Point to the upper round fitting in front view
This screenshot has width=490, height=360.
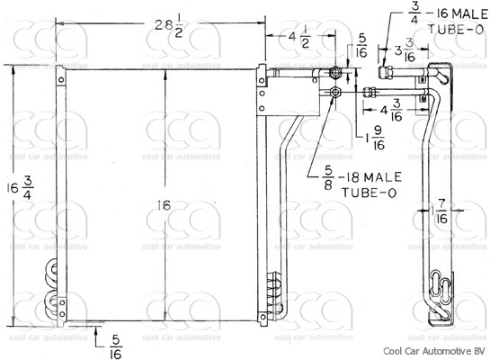335,73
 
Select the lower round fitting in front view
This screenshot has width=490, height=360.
335,92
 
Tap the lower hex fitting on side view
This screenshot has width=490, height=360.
370,91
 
